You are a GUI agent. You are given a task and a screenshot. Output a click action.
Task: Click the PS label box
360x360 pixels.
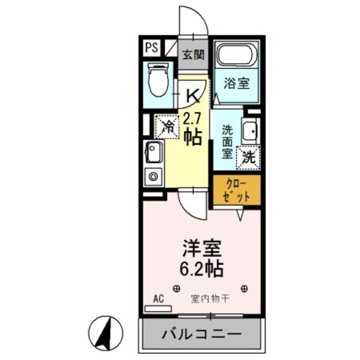(x=150, y=47)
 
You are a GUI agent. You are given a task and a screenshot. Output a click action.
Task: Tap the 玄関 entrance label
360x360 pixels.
(x=192, y=55)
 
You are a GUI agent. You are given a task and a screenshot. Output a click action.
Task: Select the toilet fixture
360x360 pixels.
(x=158, y=80)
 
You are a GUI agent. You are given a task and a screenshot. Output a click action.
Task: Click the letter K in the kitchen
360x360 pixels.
(x=192, y=96)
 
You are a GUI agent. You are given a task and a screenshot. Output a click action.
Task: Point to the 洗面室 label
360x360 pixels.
(x=226, y=140)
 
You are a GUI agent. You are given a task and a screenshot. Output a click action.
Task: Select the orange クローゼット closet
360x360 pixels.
(x=236, y=189)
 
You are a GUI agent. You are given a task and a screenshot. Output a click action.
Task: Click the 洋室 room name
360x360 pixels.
(x=200, y=247)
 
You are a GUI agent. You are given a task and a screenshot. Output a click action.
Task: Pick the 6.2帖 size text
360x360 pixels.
(x=201, y=268)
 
